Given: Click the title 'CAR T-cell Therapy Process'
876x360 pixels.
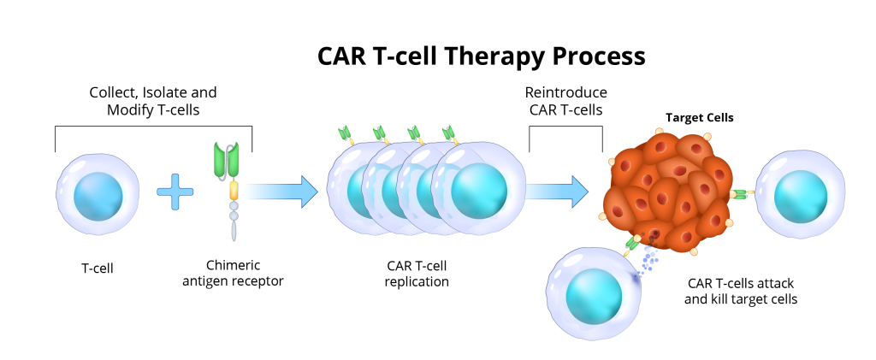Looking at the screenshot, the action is point(481,56).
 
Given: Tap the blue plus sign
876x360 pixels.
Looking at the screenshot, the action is point(175,192).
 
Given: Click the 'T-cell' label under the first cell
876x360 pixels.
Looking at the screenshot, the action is point(98,268).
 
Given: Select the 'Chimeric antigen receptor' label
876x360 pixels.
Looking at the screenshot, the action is point(233,273).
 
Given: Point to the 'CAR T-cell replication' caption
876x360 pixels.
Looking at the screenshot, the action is point(417,274).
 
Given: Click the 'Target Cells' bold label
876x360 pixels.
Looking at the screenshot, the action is point(700,118).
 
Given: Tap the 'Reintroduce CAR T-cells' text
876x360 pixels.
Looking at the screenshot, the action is point(566,101).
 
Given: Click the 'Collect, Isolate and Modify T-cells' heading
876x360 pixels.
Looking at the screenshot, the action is point(153,101).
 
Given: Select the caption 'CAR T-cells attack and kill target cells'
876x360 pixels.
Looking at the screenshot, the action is point(741,292).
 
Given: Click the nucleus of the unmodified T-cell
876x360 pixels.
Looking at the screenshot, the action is point(98,196).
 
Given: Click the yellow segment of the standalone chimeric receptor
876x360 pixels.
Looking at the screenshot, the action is point(234,191).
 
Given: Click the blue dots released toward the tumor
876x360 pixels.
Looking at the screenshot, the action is point(648,259).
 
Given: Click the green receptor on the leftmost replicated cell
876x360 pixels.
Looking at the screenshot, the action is point(346,133).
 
